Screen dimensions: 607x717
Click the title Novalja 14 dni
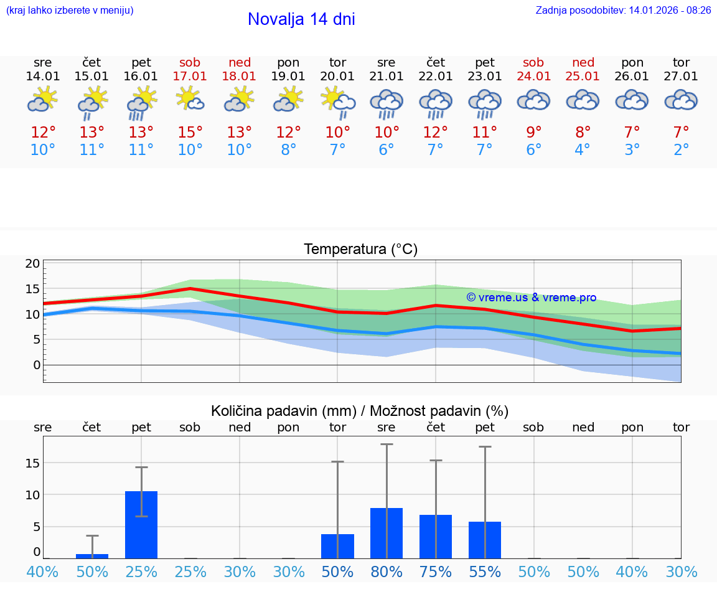(301, 19)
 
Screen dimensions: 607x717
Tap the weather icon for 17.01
(190, 99)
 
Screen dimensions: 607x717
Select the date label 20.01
(337, 77)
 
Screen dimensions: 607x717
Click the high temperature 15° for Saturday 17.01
(190, 133)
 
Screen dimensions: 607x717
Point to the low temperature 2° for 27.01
(682, 150)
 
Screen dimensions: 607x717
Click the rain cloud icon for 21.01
(387, 102)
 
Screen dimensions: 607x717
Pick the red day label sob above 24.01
(533, 62)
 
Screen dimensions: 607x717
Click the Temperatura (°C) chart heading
(360, 249)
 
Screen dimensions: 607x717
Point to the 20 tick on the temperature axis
(32, 263)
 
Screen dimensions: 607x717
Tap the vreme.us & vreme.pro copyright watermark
(532, 298)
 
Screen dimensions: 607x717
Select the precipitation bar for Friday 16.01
(141, 524)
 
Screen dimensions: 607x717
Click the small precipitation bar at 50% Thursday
(92, 555)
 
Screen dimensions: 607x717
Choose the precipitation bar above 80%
(387, 533)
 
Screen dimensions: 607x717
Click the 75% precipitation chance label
(436, 572)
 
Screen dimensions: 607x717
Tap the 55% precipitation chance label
(485, 572)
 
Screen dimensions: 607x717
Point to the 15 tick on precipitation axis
(32, 463)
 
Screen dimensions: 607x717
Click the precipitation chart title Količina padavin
(360, 411)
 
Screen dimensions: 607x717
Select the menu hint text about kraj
(70, 11)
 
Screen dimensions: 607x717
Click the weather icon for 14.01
(43, 99)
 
